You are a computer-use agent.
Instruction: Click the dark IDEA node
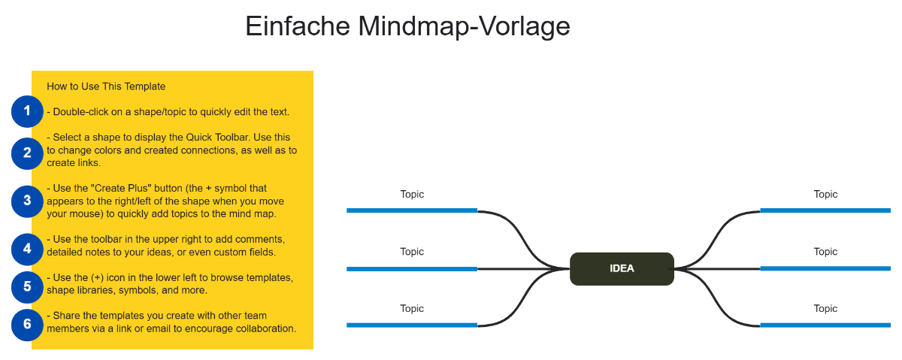pos(622,269)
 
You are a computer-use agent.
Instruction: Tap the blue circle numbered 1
pos(27,112)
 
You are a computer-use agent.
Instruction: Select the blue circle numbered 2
pos(27,153)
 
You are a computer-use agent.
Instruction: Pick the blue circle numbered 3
pos(27,201)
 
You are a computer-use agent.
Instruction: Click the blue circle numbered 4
pos(27,247)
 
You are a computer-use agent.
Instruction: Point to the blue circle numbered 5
pos(27,286)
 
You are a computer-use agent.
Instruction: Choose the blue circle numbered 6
pos(27,324)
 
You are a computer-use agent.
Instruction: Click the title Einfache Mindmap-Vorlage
pos(407,26)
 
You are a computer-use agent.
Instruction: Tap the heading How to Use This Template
pos(106,86)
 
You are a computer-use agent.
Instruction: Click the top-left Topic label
pos(412,194)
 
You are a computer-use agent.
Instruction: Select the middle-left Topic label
pos(412,252)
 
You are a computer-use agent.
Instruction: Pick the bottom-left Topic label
pos(412,308)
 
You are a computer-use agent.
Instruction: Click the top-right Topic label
pos(825,194)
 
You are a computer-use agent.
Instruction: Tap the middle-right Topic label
pos(825,252)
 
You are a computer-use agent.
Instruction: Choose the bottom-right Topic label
pos(825,308)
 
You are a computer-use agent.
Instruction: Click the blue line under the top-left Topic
pos(412,210)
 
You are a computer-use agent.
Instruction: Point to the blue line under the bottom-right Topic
pos(825,325)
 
